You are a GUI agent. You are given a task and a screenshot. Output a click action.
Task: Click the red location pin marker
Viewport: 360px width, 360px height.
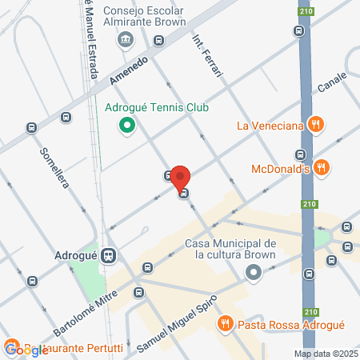(180, 177)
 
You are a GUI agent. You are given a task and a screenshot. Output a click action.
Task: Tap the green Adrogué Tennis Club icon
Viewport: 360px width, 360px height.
(126, 125)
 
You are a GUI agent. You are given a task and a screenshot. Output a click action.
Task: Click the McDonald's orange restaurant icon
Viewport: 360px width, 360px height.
(322, 167)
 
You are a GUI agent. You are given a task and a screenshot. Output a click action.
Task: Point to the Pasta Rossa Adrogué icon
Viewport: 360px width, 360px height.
(226, 323)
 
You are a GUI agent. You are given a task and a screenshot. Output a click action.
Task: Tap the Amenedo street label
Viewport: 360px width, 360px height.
(126, 72)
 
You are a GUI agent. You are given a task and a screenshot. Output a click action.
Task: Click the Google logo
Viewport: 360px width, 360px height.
(26, 350)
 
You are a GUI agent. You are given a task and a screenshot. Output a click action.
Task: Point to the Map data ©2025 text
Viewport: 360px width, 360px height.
(325, 354)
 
